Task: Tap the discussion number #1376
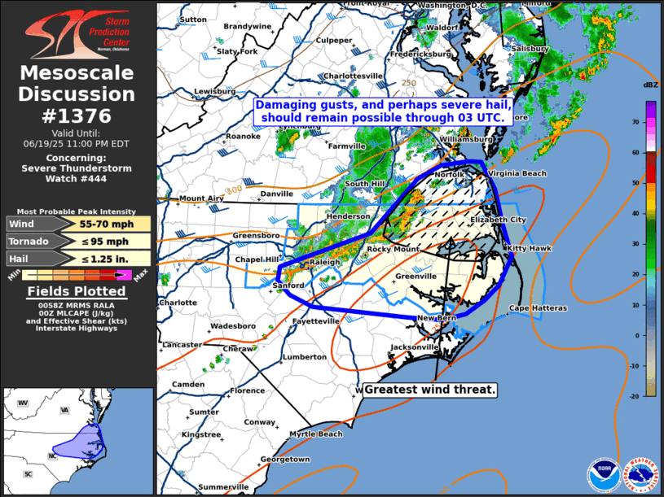pos(77,116)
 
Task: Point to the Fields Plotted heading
pos(77,291)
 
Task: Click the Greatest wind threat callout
pos(429,390)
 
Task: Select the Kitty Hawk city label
pos(530,248)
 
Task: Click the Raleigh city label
pos(324,262)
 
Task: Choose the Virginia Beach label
pos(517,173)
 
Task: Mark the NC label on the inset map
pos(52,456)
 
